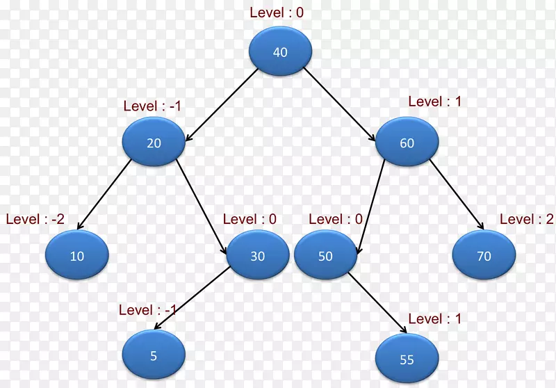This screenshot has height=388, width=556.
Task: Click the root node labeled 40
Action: click(x=280, y=52)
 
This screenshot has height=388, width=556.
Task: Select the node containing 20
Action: click(x=154, y=143)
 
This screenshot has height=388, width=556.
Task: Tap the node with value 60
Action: click(x=407, y=143)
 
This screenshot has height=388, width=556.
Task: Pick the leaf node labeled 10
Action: click(x=77, y=256)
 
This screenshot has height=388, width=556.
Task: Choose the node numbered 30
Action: click(x=257, y=256)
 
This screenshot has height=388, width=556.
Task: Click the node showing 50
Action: click(x=325, y=256)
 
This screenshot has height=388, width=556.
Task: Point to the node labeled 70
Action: click(x=484, y=256)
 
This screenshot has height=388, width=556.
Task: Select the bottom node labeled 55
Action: click(x=407, y=359)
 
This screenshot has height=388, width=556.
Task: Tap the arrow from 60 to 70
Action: click(x=457, y=195)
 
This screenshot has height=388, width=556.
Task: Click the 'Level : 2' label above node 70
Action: click(x=526, y=219)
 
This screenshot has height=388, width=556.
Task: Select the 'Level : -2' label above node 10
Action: click(x=35, y=219)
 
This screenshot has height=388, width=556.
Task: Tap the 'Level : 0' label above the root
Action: click(x=277, y=12)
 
